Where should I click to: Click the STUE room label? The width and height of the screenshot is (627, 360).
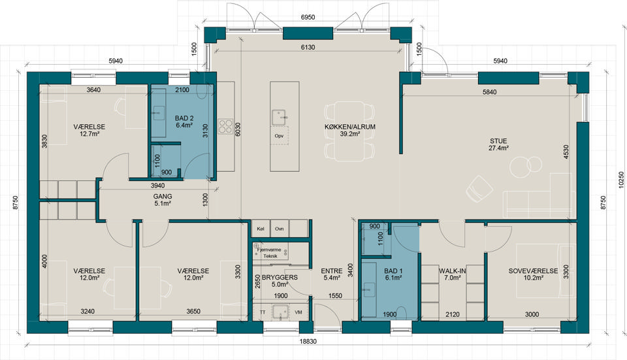(x=498, y=141)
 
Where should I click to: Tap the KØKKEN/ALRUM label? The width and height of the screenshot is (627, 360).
(x=350, y=127)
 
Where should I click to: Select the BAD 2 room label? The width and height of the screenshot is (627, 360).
(x=184, y=118)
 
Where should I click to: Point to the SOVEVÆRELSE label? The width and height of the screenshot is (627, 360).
(x=533, y=270)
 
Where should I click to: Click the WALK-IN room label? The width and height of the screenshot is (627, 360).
(x=453, y=270)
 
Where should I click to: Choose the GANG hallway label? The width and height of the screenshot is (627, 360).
(x=163, y=197)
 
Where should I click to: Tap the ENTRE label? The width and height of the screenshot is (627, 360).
(x=332, y=270)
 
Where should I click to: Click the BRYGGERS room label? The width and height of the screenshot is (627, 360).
(x=280, y=277)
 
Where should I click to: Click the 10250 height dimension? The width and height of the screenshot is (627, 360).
(x=621, y=180)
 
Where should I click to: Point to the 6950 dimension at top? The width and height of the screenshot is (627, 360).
(x=308, y=17)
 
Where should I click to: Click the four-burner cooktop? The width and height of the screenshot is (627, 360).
(x=225, y=126)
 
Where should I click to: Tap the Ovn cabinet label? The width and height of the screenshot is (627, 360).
(x=279, y=229)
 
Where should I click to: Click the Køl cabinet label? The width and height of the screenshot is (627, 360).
(x=261, y=229)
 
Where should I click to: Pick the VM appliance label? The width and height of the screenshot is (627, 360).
(x=298, y=312)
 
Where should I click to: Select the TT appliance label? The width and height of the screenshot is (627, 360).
(x=263, y=312)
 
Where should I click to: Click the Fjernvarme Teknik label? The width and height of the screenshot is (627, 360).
(x=270, y=253)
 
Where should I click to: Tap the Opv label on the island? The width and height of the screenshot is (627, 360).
(x=279, y=136)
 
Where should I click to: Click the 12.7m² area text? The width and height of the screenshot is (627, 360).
(x=89, y=134)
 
